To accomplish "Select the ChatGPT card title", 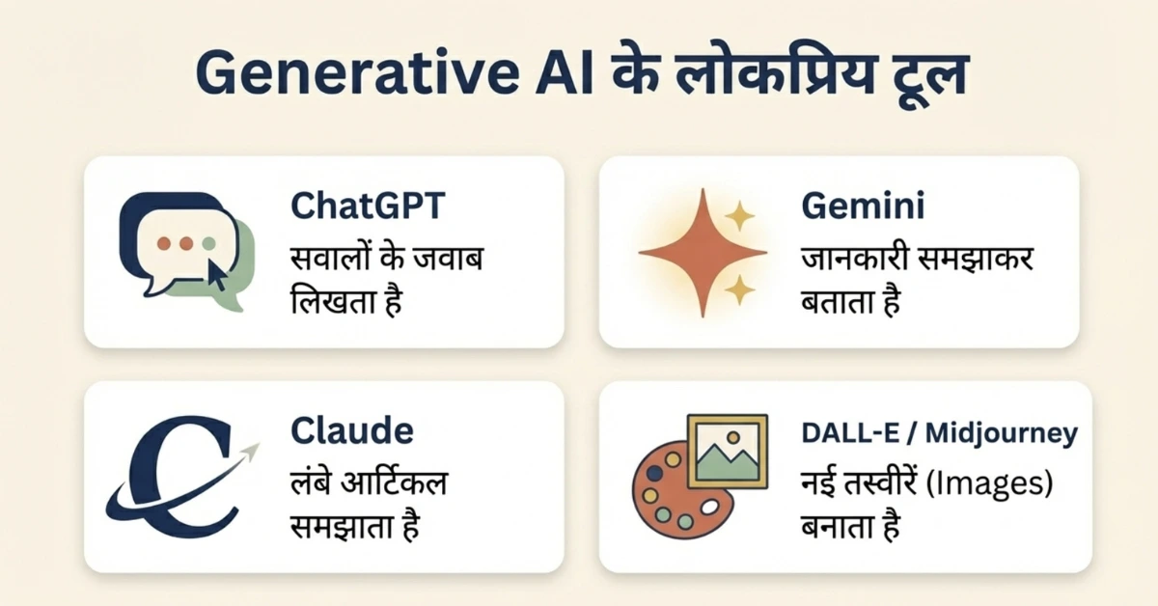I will (369, 207).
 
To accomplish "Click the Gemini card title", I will (849, 207).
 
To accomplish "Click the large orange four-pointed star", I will (702, 254).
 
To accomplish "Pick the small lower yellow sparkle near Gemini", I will (740, 289).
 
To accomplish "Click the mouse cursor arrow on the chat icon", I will (216, 276).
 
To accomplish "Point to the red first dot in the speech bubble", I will (163, 243).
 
